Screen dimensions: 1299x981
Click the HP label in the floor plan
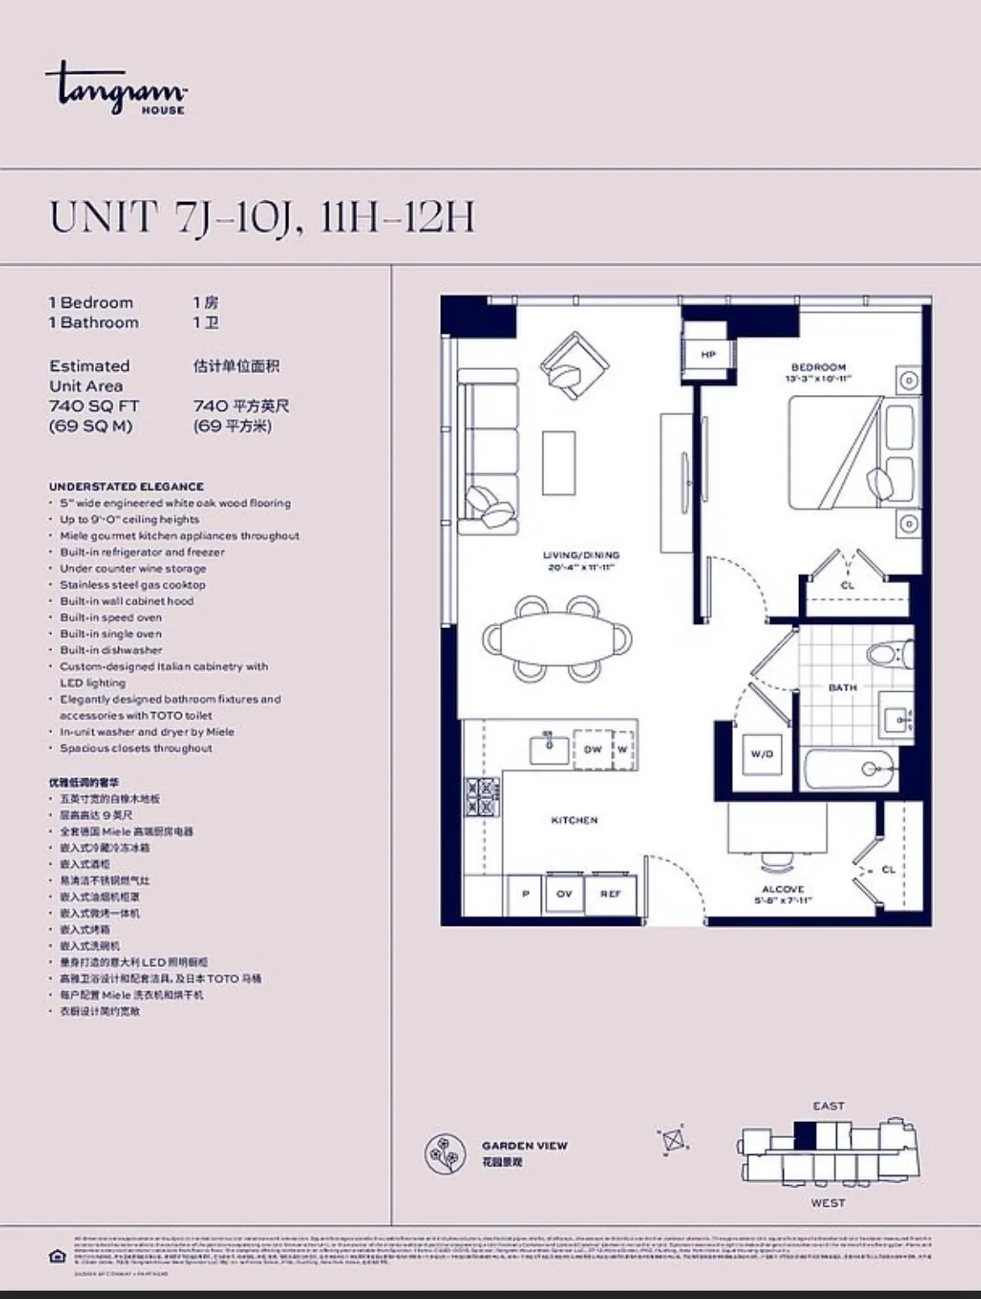pyautogui.click(x=708, y=355)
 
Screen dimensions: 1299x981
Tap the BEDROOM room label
pyautogui.click(x=818, y=367)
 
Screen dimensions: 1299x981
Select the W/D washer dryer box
pyautogui.click(x=761, y=754)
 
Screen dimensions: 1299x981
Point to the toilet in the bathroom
pyautogui.click(x=887, y=653)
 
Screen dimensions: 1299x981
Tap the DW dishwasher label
pyautogui.click(x=593, y=749)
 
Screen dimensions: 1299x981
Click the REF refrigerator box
pyautogui.click(x=610, y=894)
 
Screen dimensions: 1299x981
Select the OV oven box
pyautogui.click(x=564, y=894)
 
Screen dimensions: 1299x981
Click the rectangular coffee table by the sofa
pyautogui.click(x=558, y=463)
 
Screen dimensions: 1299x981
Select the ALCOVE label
pyautogui.click(x=783, y=889)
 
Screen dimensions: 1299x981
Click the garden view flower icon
pyautogui.click(x=445, y=1153)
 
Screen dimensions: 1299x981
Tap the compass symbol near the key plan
pyautogui.click(x=674, y=1141)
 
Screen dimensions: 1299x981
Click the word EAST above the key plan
pyautogui.click(x=828, y=1106)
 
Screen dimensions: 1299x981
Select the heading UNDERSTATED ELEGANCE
pyautogui.click(x=126, y=486)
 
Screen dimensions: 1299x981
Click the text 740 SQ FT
pyautogui.click(x=94, y=406)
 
